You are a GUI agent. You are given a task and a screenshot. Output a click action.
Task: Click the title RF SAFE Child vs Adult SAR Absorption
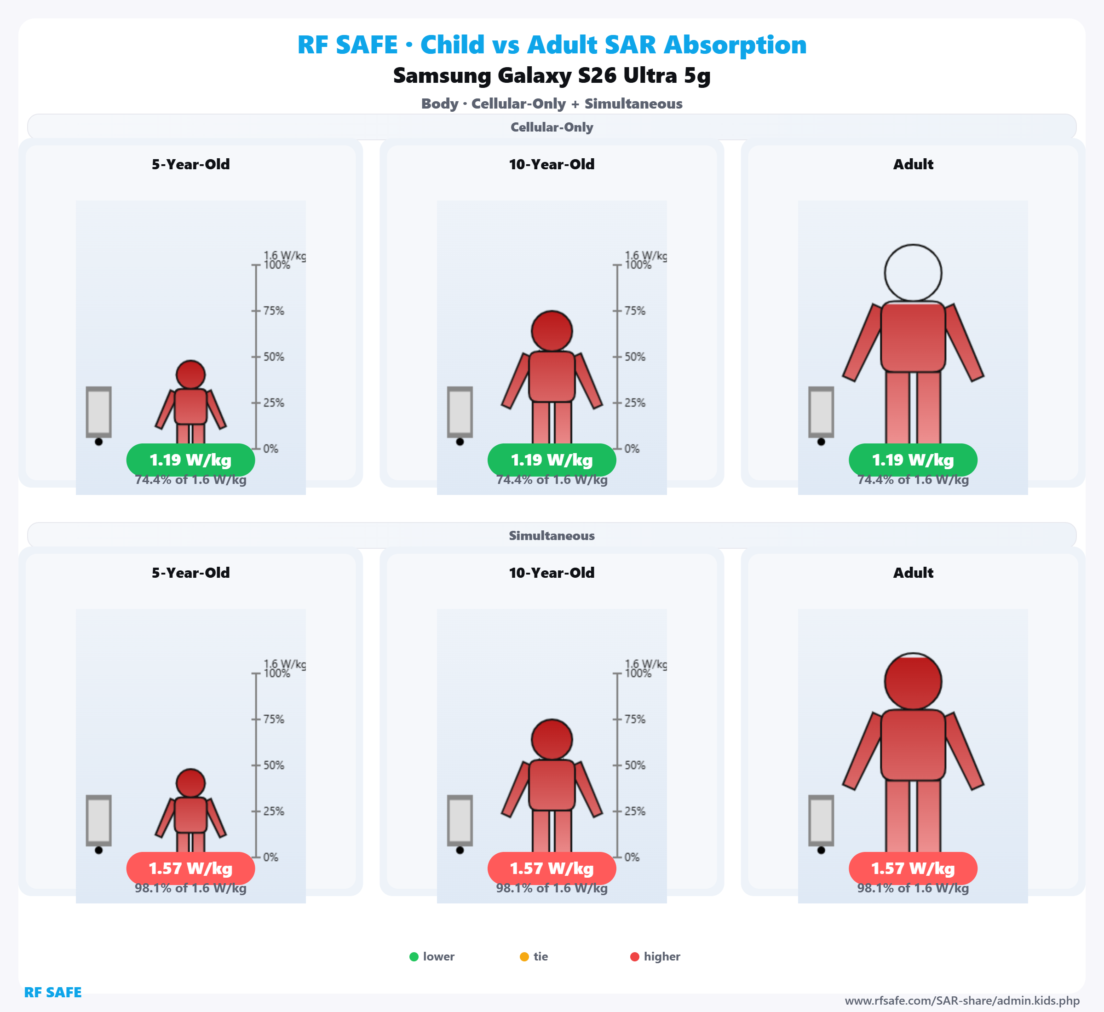[x=552, y=45]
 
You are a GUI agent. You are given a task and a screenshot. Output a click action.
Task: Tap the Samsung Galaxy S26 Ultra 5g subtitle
[x=552, y=75]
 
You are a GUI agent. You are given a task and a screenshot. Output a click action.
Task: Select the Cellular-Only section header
[x=552, y=127]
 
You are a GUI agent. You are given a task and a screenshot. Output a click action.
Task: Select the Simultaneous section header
[x=552, y=535]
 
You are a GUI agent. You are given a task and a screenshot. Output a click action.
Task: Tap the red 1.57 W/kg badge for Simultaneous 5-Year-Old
[x=190, y=868]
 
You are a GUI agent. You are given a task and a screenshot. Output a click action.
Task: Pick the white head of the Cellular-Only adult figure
[x=913, y=273]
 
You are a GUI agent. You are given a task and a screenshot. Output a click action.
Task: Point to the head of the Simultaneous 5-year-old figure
[x=190, y=783]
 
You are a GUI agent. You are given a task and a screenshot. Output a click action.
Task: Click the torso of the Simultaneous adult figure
[x=913, y=745]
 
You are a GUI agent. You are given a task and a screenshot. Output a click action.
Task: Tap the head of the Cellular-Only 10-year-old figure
[x=552, y=331]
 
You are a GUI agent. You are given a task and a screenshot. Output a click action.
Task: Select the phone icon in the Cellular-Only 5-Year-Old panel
[x=98, y=412]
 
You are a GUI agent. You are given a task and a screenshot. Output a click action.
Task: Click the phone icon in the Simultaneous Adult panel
[x=821, y=820]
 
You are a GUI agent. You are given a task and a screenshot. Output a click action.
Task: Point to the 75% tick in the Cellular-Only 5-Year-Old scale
[x=256, y=311]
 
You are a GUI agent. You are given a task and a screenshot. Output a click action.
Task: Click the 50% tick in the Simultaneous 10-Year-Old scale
[x=617, y=765]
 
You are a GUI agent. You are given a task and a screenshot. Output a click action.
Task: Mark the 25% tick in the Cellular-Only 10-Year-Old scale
[x=617, y=403]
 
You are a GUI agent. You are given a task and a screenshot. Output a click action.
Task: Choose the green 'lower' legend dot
[x=414, y=957]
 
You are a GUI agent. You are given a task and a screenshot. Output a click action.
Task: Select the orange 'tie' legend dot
[x=524, y=957]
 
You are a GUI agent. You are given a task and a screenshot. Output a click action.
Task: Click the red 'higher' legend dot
[x=635, y=957]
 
